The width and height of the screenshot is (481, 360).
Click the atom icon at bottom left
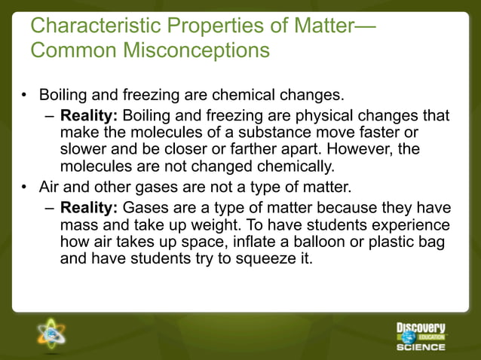[52, 333]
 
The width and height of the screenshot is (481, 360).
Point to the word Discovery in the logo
[421, 328]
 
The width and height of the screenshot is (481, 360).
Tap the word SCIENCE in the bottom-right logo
[421, 347]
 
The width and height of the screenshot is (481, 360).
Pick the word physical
[316, 116]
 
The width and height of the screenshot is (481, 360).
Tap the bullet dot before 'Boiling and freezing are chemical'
[24, 96]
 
